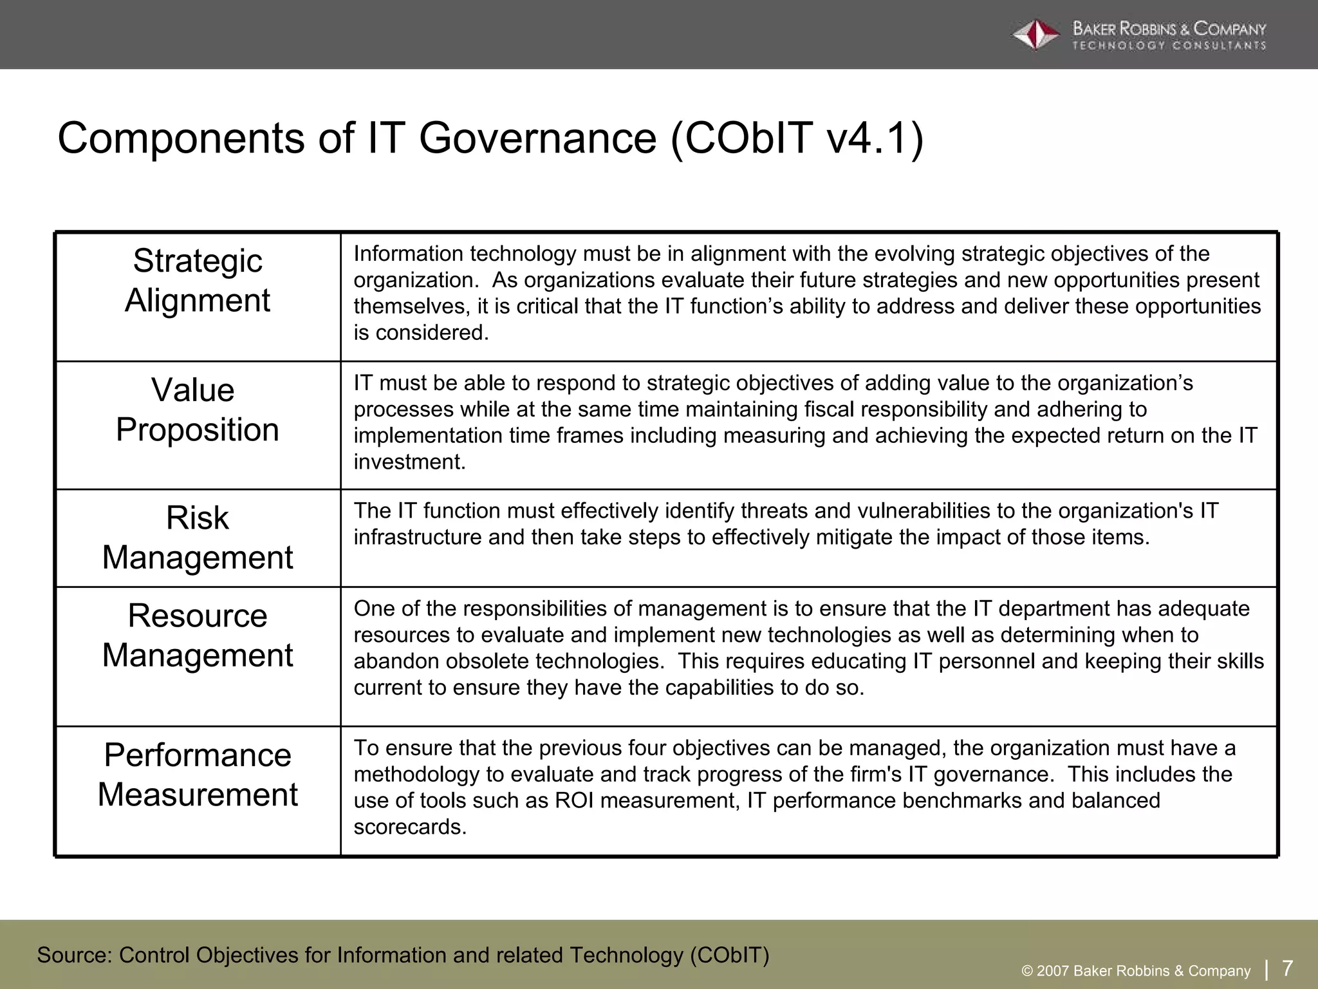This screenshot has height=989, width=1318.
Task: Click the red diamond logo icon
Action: click(1035, 35)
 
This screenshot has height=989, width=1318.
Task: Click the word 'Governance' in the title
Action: click(537, 138)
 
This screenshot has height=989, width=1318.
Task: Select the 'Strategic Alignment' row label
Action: click(198, 281)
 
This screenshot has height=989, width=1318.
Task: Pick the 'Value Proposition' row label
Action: click(198, 410)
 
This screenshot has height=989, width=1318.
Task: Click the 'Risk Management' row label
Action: click(198, 538)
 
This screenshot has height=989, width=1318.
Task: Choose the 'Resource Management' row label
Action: click(198, 636)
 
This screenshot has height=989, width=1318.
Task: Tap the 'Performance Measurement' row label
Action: click(198, 775)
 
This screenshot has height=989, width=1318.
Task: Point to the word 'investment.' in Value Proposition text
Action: click(409, 462)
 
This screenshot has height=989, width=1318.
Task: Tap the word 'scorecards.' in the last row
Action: click(410, 827)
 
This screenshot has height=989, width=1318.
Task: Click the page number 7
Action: click(1288, 968)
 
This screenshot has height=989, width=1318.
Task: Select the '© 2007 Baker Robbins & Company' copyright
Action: click(1136, 971)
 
